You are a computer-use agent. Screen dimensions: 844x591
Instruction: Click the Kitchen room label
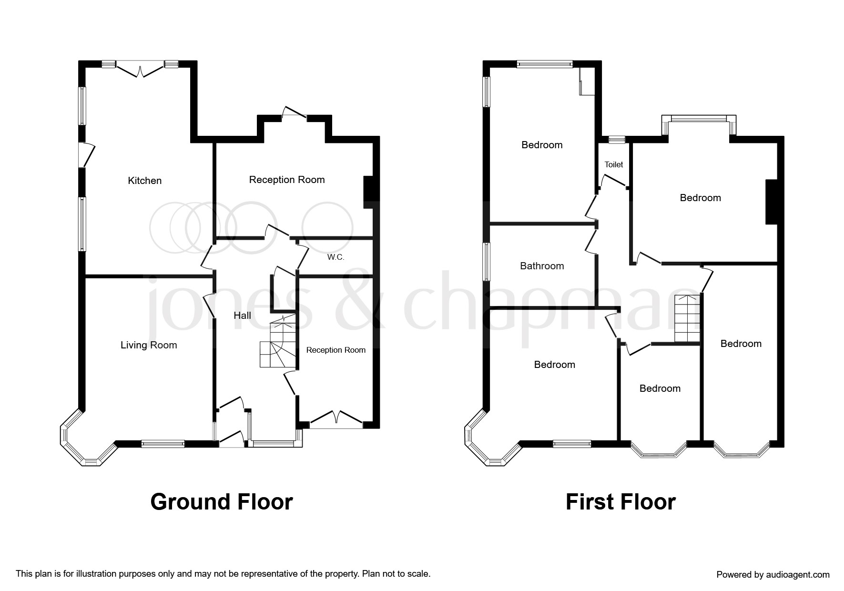(x=145, y=181)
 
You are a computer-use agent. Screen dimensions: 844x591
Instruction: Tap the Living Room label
(x=149, y=345)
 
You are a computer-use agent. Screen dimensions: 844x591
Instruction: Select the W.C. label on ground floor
(x=336, y=257)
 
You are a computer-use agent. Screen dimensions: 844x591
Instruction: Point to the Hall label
(x=242, y=316)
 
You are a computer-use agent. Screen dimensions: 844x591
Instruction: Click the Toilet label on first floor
(x=614, y=164)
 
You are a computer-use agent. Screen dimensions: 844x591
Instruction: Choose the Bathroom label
(x=542, y=266)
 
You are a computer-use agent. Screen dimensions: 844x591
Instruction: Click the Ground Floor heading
(x=222, y=502)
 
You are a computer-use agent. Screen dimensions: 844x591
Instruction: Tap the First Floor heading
(x=620, y=502)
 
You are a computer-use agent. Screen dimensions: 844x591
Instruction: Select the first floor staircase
(x=687, y=318)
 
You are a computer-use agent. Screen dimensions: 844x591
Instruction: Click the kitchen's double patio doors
(x=140, y=69)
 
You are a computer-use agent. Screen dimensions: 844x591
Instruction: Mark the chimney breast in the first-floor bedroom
(x=772, y=202)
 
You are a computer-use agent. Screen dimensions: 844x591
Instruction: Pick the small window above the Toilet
(x=617, y=139)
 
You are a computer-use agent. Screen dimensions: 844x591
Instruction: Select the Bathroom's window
(x=487, y=262)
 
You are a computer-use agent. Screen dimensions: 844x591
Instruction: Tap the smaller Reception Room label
(x=336, y=350)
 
